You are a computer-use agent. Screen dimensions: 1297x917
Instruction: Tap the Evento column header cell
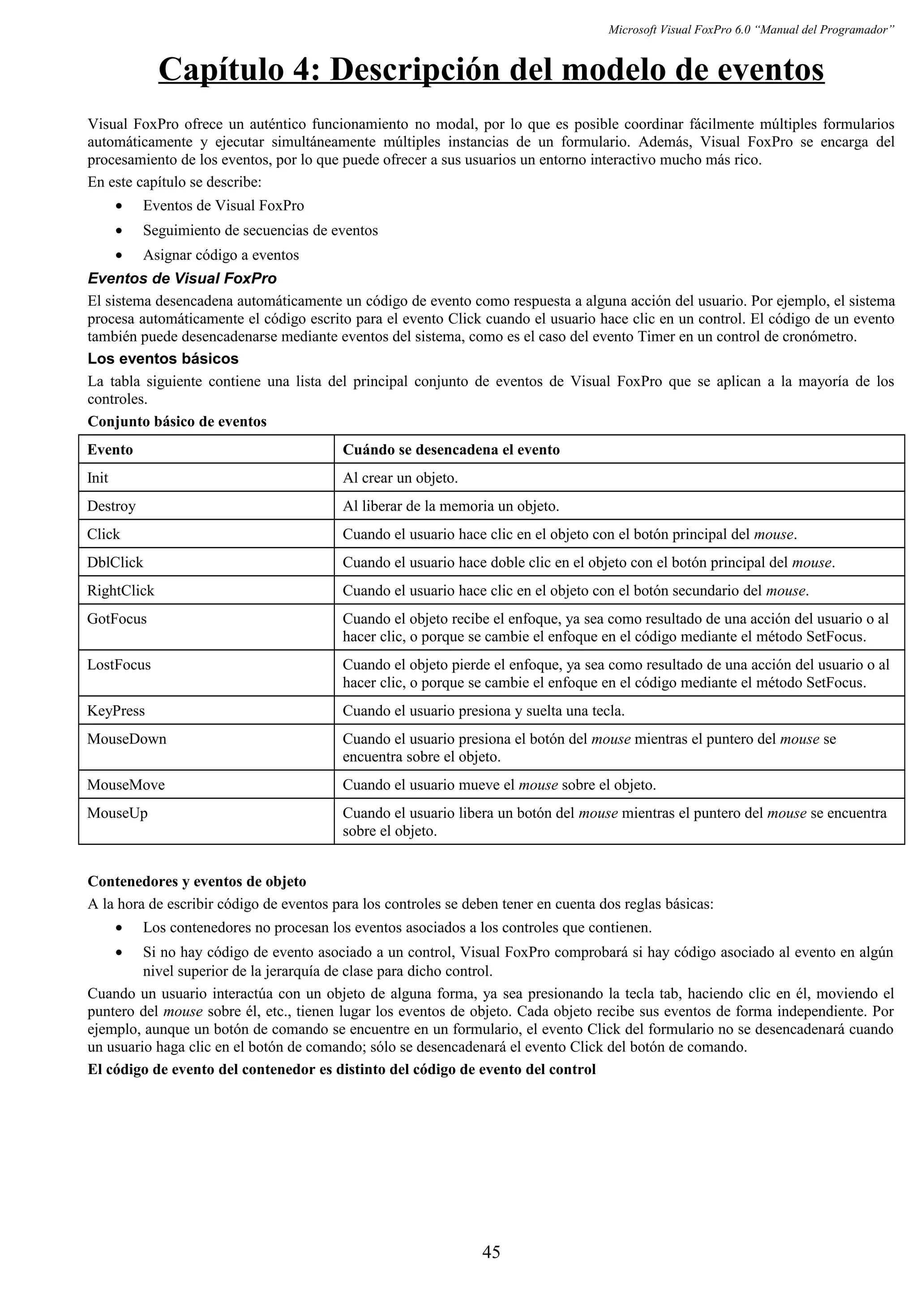click(110, 450)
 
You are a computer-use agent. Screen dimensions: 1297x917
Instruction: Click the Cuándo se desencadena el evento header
click(451, 450)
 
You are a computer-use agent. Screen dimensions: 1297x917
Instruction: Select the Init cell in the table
click(98, 478)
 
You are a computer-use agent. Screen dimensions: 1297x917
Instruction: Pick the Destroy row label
click(111, 506)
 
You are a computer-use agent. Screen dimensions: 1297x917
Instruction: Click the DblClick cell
click(115, 563)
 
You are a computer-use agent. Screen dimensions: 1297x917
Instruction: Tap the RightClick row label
click(120, 591)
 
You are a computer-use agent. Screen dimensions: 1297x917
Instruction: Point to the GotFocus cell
click(116, 619)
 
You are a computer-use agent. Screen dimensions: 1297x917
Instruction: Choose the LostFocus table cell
click(119, 665)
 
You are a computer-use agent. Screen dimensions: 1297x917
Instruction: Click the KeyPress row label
click(116, 711)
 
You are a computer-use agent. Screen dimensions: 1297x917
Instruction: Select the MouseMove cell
click(125, 785)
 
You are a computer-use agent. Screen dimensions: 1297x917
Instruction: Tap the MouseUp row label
click(117, 814)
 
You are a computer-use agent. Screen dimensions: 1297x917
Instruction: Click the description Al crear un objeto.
click(400, 478)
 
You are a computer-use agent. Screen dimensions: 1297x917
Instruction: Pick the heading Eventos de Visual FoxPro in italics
click(182, 278)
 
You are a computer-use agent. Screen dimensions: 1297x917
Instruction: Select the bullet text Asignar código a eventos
click(220, 256)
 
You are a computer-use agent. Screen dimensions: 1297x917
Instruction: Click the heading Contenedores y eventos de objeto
click(197, 881)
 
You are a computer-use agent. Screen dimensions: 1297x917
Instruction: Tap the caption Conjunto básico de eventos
click(177, 422)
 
